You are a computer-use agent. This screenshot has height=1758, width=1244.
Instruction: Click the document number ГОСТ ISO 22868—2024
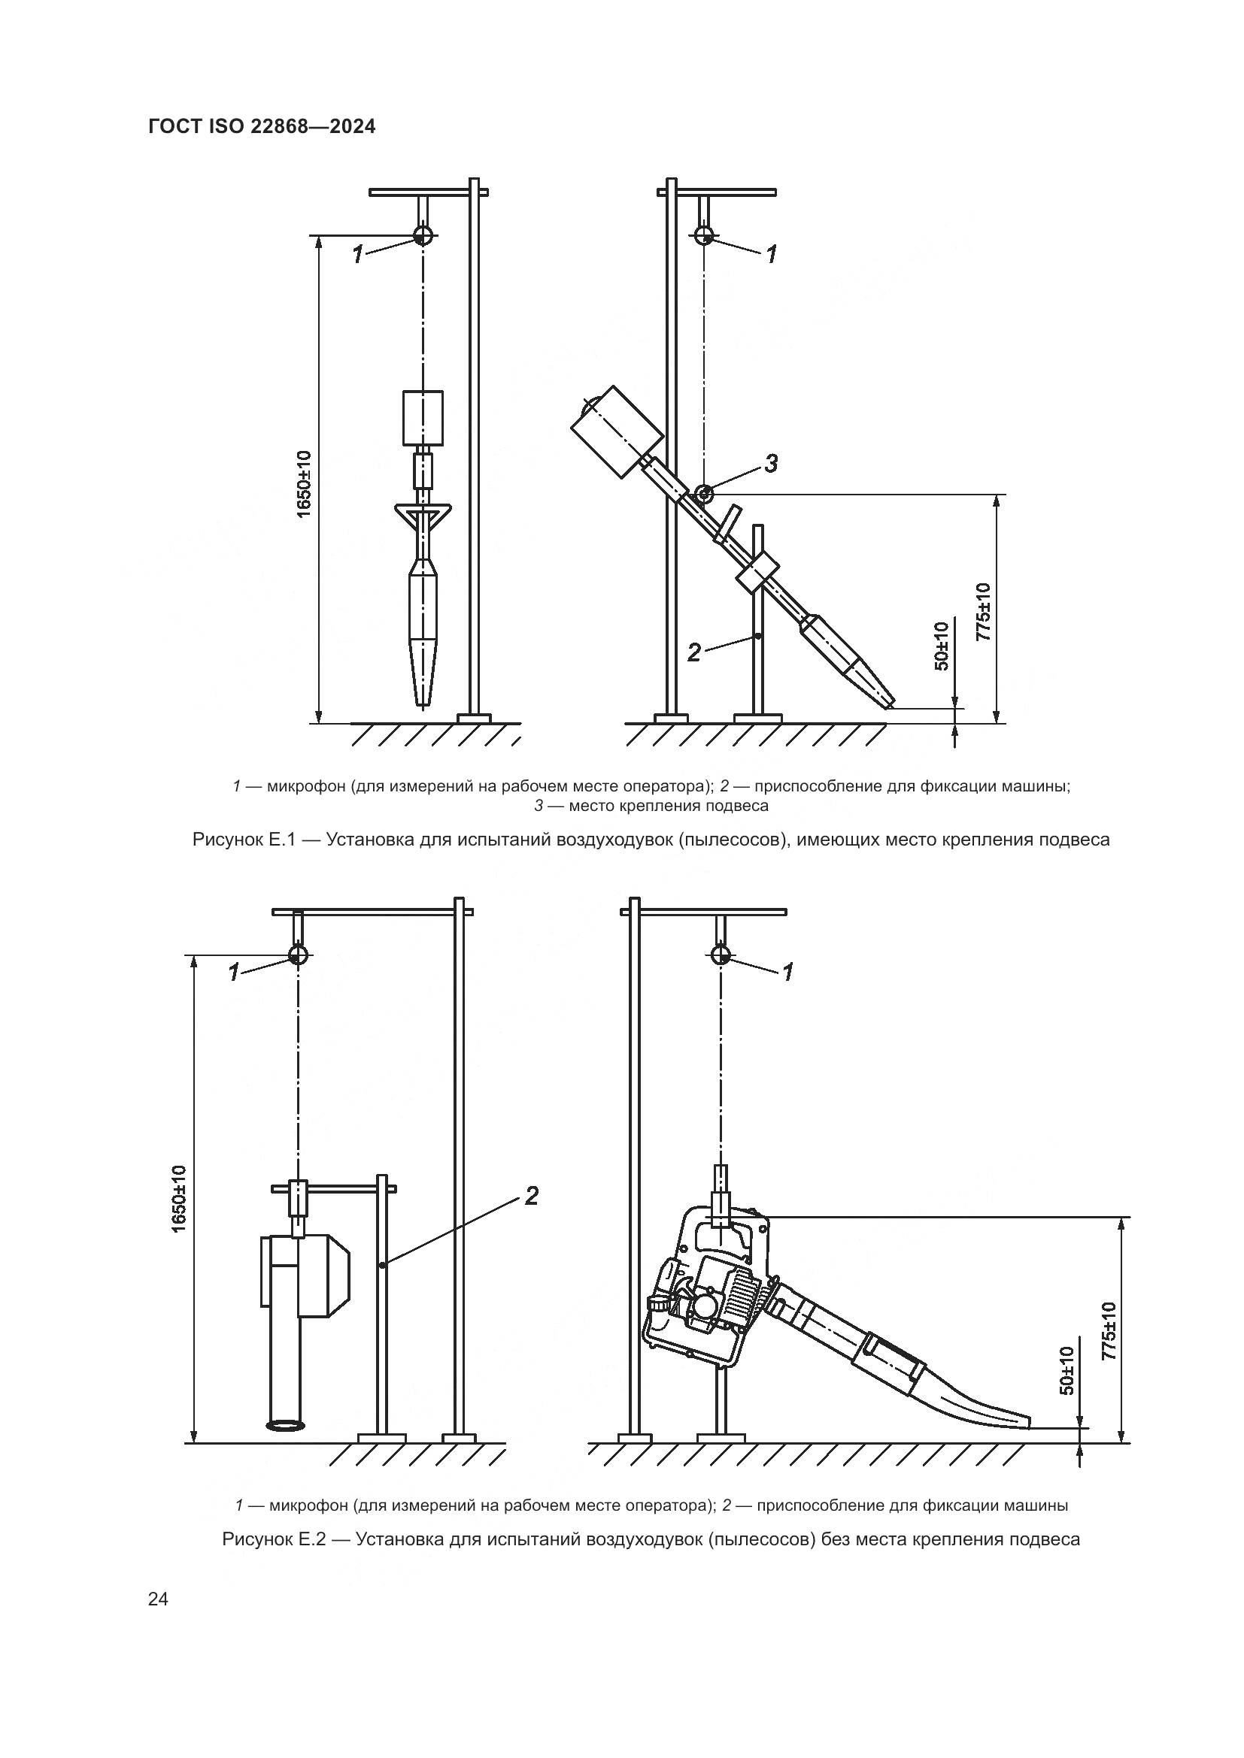click(262, 126)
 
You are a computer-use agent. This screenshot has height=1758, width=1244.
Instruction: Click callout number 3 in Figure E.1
click(772, 463)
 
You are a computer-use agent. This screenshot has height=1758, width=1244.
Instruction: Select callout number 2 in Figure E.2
click(531, 1195)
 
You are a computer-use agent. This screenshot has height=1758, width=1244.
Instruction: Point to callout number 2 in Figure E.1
click(694, 652)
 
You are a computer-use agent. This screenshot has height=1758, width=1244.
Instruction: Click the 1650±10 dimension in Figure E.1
click(304, 484)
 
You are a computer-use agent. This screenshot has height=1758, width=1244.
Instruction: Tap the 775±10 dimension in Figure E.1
click(984, 611)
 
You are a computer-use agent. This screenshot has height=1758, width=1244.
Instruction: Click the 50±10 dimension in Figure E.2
click(1067, 1370)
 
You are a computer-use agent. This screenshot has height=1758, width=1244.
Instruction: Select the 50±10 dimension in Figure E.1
click(942, 646)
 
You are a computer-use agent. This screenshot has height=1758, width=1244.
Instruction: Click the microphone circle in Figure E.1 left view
click(422, 235)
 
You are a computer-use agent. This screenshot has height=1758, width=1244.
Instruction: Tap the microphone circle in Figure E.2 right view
click(720, 955)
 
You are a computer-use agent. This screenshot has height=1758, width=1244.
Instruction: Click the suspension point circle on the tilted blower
click(704, 494)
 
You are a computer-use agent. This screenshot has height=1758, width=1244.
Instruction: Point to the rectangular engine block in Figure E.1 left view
click(423, 417)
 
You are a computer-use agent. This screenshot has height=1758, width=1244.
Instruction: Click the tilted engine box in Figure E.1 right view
click(617, 431)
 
